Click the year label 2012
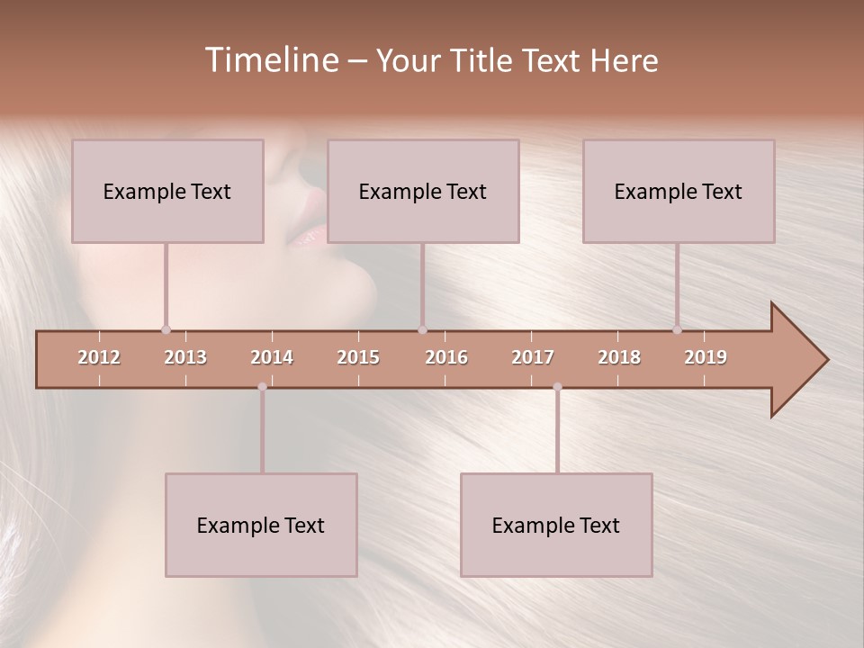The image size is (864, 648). coord(99,357)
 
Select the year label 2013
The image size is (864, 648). coord(185,357)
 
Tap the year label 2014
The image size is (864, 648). coord(272,357)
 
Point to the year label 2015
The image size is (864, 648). coord(358,357)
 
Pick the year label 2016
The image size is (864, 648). coord(446,357)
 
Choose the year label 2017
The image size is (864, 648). coord(533,357)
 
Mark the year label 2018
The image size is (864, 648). coord(619,357)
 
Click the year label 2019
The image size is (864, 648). coord(706,357)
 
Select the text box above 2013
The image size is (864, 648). coord(167,191)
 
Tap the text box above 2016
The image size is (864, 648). coord(423,191)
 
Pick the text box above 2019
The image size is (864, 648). coord(679,191)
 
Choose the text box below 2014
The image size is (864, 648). coord(261,525)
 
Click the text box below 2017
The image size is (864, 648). coord(556,525)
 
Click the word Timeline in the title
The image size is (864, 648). coord(270,60)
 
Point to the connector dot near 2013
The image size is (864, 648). coord(166,329)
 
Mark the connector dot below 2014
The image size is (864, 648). coord(262,387)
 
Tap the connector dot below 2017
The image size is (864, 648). coord(557,387)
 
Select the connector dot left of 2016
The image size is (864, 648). coord(422,329)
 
